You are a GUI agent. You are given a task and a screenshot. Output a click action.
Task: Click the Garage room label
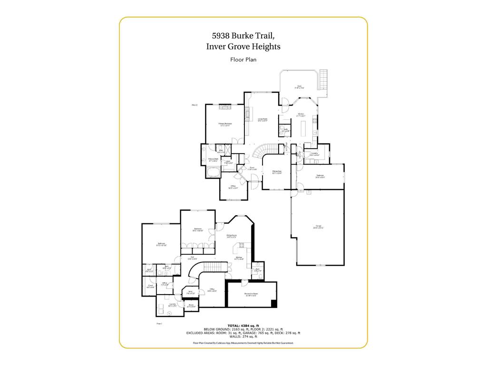[318, 226]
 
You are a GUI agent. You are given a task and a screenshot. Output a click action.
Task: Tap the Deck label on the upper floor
[299, 86]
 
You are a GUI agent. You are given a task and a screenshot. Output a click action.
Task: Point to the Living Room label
[263, 119]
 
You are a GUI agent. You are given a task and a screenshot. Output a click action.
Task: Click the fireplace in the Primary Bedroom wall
[225, 107]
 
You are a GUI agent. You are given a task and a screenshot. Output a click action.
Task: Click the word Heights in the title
[265, 47]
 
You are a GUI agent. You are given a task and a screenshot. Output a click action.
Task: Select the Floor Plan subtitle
[243, 60]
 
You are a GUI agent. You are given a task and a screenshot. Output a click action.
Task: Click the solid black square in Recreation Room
[273, 304]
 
